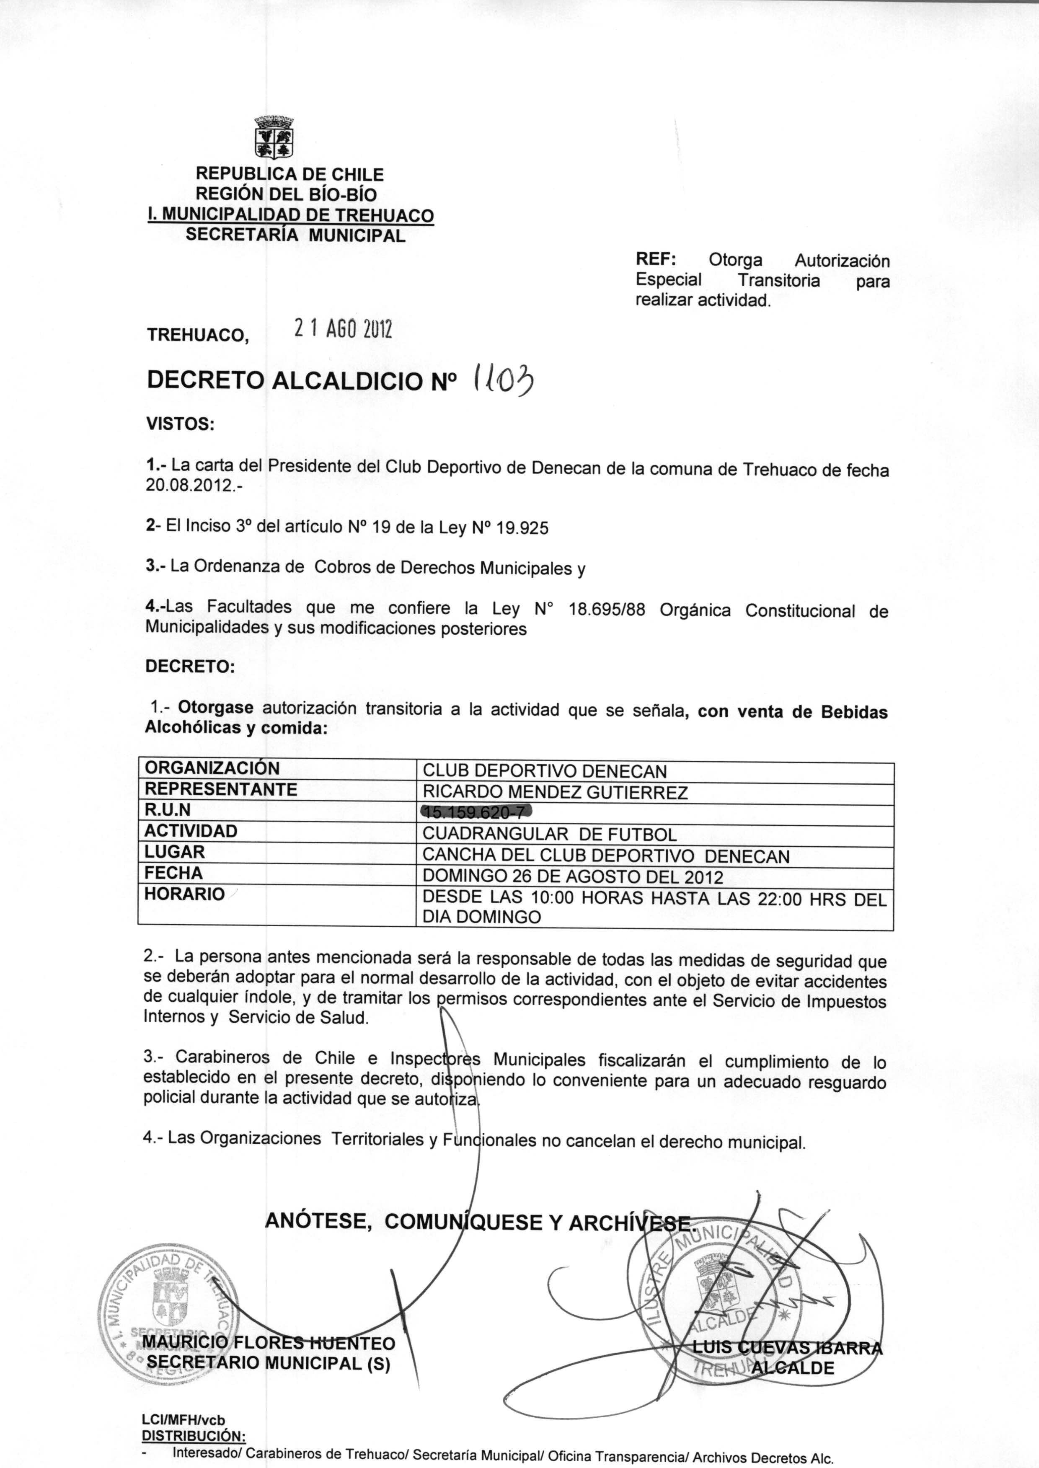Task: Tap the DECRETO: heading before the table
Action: pyautogui.click(x=190, y=667)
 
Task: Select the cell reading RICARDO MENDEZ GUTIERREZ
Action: pyautogui.click(x=555, y=793)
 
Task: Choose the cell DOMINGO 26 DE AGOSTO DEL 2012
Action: pyautogui.click(x=573, y=877)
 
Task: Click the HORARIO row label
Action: pyautogui.click(x=184, y=894)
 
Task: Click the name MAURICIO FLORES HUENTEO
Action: pyautogui.click(x=269, y=1343)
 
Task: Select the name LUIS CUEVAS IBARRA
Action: pyautogui.click(x=787, y=1348)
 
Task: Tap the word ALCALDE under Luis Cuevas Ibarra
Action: pyautogui.click(x=793, y=1368)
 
